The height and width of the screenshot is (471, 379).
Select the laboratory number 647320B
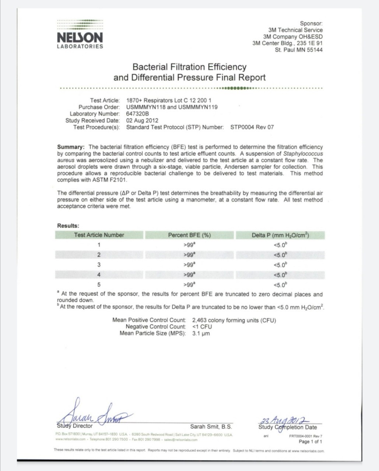point(137,114)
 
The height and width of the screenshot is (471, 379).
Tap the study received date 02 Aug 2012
point(142,120)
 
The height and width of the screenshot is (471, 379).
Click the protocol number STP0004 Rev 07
point(252,127)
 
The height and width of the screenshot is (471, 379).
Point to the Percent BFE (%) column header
point(189,235)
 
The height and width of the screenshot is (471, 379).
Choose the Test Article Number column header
point(99,235)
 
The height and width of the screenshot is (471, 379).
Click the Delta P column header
point(280,235)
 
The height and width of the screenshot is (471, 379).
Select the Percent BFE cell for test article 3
point(189,265)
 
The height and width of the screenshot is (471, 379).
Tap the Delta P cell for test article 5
point(280,284)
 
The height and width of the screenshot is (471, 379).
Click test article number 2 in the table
point(99,255)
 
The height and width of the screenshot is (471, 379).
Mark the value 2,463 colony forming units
point(234,320)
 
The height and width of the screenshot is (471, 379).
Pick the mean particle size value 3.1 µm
point(201,333)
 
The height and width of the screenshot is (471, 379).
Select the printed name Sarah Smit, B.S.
point(211,426)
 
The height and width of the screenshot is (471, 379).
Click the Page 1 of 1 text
point(310,441)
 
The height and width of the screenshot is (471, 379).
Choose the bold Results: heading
point(68,226)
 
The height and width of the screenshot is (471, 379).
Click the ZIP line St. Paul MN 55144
point(298,50)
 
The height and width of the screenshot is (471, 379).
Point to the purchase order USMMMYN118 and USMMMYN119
point(172,107)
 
